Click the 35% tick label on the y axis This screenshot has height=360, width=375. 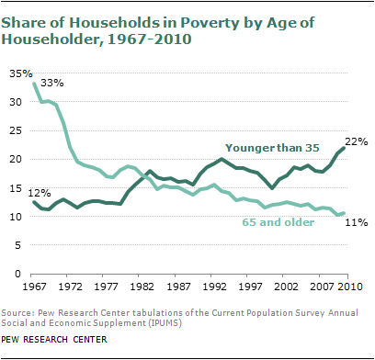click(x=18, y=73)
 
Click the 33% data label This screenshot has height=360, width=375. click(x=51, y=82)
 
